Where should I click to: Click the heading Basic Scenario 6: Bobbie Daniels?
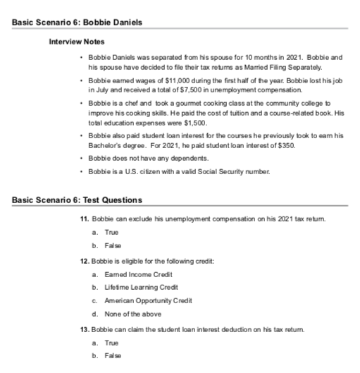[x=77, y=23]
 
